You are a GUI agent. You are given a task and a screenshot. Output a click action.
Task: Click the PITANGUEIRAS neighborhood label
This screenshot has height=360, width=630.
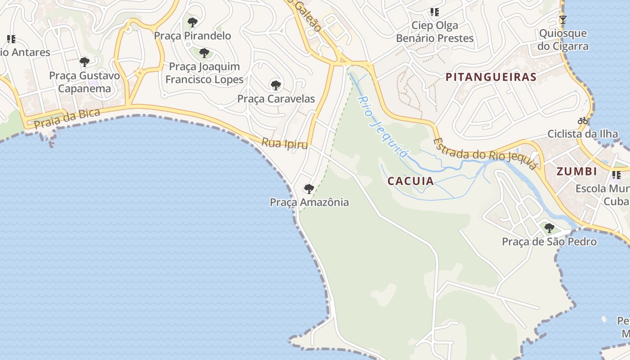pos(491,77)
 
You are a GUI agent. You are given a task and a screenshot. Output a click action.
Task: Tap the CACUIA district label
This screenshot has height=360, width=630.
pos(410,181)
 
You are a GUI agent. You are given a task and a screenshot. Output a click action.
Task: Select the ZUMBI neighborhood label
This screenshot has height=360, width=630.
pos(576,171)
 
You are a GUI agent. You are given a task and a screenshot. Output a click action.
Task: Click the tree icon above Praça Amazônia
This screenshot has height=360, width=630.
pos(309,189)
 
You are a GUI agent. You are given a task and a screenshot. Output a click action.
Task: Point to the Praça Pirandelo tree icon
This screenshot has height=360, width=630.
pos(193,22)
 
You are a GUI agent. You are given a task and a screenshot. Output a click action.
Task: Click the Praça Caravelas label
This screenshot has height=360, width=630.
pos(276,99)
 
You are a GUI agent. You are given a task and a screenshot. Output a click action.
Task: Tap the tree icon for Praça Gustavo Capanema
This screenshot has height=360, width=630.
pos(85,62)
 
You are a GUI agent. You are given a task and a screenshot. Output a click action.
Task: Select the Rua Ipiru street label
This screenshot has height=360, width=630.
pos(285,144)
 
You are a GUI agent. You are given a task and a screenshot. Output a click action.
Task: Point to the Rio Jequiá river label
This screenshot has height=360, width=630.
pos(383,127)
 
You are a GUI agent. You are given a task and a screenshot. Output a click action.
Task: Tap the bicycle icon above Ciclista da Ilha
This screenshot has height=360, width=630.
pos(583,121)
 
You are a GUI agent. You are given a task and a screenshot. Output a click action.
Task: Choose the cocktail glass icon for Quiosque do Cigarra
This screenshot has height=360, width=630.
pos(562,19)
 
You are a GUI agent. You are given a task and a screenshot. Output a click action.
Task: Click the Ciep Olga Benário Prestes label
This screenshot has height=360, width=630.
pos(435,32)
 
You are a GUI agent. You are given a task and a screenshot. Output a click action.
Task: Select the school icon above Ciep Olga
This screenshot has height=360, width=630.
pos(434,12)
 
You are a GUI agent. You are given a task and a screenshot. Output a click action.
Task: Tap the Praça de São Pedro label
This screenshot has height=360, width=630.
pos(549,242)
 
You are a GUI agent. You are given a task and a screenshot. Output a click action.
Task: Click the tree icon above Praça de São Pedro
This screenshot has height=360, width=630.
pos(549,228)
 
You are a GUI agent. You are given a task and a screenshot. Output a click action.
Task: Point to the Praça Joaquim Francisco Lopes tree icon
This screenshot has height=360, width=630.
pos(204,53)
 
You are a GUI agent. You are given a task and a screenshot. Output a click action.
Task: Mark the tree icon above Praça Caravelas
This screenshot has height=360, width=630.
pos(275,85)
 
